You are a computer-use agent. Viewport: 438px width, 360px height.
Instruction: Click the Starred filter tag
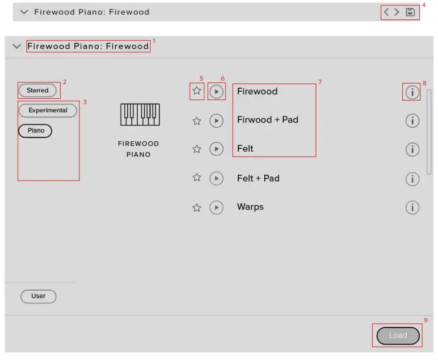[x=38, y=91]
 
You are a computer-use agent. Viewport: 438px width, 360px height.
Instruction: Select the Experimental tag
[x=48, y=111]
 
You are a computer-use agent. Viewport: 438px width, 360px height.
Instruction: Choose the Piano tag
[x=35, y=131]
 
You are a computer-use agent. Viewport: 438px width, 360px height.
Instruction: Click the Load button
[x=398, y=336]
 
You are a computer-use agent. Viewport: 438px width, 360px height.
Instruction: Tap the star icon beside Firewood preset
[x=197, y=91]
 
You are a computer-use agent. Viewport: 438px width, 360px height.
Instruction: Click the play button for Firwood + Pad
[x=217, y=121]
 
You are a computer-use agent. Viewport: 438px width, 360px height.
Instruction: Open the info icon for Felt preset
[x=413, y=149]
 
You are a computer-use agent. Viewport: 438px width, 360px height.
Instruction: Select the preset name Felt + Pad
[x=258, y=178]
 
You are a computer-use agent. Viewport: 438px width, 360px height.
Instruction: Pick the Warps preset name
[x=250, y=207]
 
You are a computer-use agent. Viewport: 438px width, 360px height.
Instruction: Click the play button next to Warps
[x=217, y=208]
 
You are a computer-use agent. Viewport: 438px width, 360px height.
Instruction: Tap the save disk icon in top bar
[x=410, y=12]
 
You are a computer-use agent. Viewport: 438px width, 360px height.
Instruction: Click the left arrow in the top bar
[x=387, y=12]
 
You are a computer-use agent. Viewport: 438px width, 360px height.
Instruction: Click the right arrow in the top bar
[x=397, y=12]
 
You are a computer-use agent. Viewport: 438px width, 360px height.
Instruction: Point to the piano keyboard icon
[x=140, y=114]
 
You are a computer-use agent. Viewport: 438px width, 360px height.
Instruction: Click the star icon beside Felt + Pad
[x=197, y=178]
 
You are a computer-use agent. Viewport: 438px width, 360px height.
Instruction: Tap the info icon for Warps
[x=413, y=208]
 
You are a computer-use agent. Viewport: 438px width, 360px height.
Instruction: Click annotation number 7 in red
[x=320, y=82]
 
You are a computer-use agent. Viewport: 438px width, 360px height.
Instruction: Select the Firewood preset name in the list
[x=257, y=91]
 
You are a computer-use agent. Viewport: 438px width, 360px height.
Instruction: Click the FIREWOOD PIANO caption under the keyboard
[x=138, y=149]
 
